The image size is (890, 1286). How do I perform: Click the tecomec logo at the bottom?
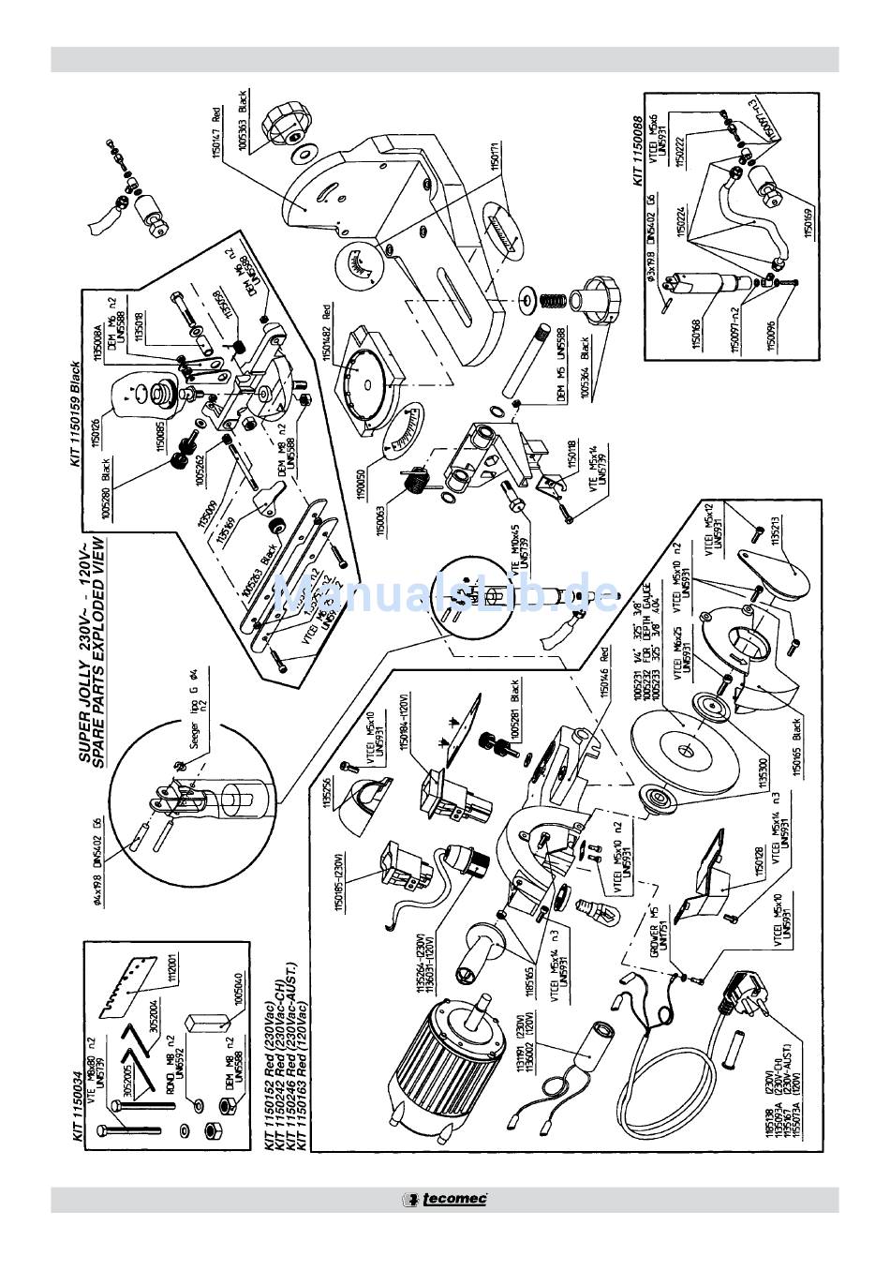point(444,1199)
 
